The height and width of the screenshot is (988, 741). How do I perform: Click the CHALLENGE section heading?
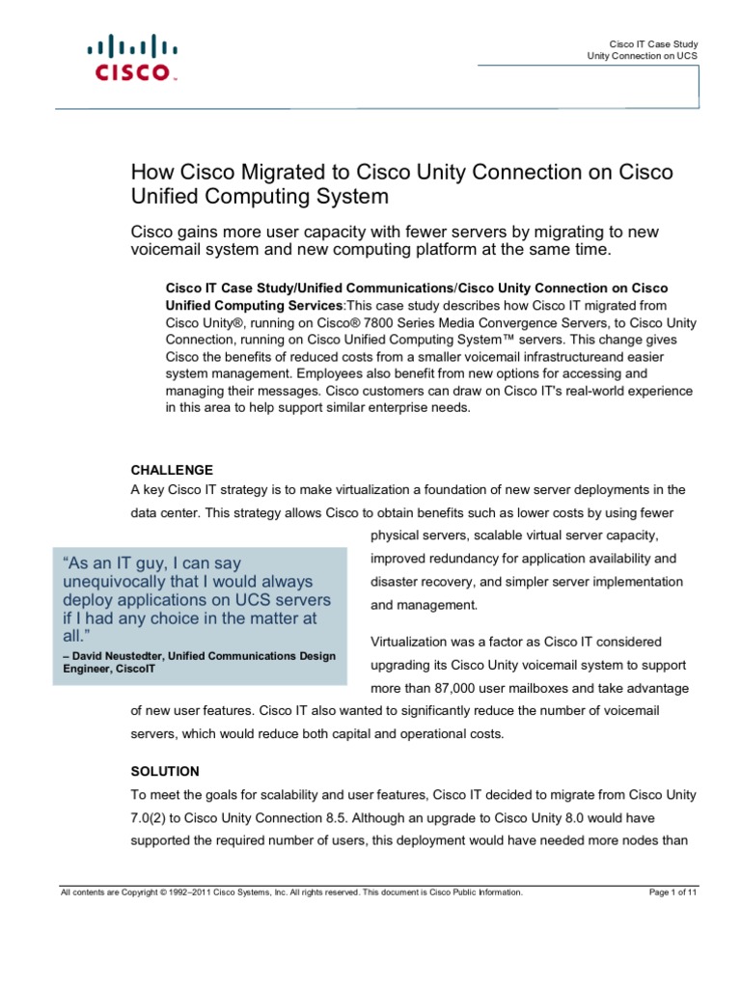(173, 470)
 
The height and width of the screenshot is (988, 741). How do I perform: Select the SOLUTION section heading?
(165, 771)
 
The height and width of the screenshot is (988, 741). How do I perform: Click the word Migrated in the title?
(275, 173)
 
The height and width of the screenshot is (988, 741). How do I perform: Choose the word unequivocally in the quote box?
(122, 582)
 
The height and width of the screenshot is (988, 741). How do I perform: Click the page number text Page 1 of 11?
(673, 892)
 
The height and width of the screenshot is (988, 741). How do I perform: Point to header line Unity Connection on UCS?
(643, 57)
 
